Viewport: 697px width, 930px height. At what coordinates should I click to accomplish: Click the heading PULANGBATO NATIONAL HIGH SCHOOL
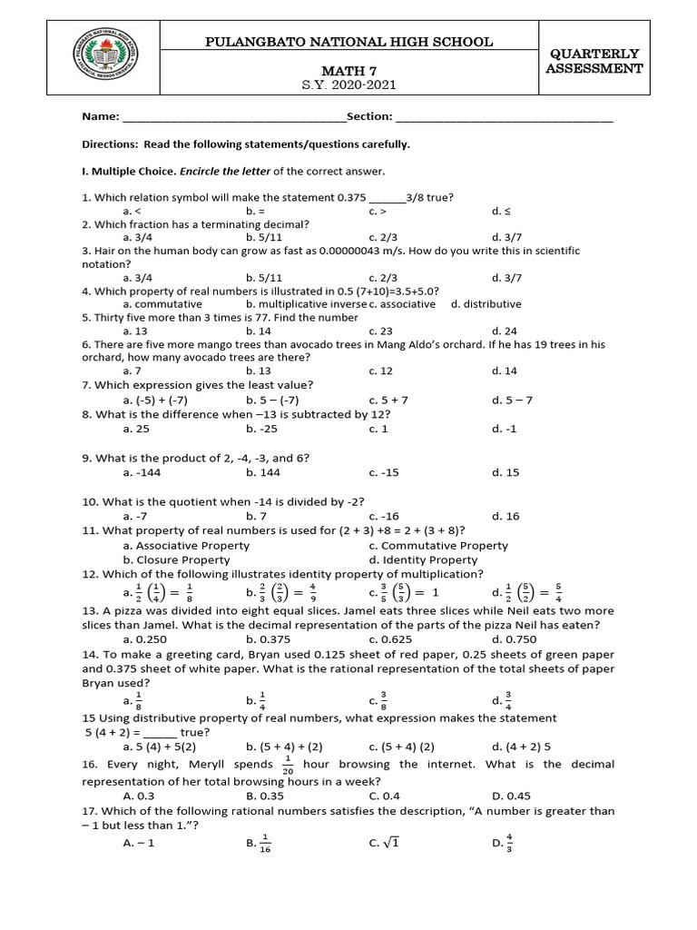(350, 42)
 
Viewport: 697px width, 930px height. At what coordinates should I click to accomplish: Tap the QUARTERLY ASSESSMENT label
(594, 61)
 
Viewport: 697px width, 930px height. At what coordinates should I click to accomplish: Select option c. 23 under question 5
(380, 331)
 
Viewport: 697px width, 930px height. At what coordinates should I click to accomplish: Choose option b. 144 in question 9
(260, 472)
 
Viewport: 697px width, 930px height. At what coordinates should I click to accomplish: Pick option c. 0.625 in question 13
(389, 638)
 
